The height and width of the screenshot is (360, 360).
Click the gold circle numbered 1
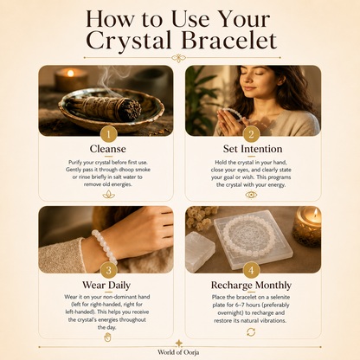pos(108,134)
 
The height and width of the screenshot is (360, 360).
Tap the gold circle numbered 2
pos(251,134)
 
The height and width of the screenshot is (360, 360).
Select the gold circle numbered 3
pos(108,270)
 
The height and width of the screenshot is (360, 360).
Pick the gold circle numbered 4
pos(251,270)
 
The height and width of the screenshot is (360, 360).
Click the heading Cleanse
pos(108,149)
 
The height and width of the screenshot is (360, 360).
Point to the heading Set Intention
pos(253,149)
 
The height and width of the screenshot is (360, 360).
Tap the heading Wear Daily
pos(106,286)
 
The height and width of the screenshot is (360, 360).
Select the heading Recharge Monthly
pos(251,286)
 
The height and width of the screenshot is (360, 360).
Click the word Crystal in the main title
pos(129,42)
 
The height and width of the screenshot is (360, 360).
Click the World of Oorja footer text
pos(178,352)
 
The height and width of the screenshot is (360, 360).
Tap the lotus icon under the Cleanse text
pos(109,195)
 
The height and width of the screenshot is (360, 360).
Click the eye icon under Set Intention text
pos(251,195)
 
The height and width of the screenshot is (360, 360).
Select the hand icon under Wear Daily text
pos(107,337)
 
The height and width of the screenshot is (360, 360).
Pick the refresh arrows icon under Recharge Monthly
pos(251,332)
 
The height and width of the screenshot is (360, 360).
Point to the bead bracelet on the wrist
pos(105,247)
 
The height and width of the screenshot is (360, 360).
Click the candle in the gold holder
pos(306,226)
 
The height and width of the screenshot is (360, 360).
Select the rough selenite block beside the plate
pos(200,250)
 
